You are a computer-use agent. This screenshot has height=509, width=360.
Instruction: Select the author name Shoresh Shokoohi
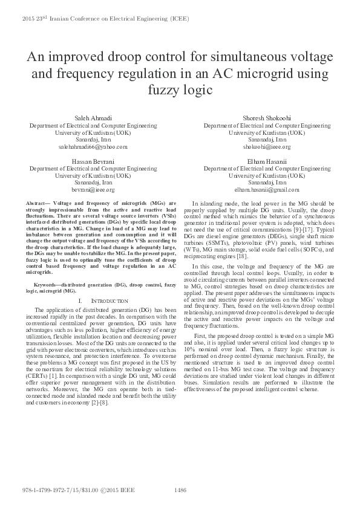266,118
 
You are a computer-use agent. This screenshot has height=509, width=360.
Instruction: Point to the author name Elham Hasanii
266,161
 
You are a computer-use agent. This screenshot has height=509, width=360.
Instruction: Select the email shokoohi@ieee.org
266,147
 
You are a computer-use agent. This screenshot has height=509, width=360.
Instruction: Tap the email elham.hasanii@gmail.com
266,189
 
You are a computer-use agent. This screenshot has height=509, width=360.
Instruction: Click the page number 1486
180,490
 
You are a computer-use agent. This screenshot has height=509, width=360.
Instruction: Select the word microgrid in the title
245,74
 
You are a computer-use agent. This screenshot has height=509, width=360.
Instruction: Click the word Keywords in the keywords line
48,284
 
